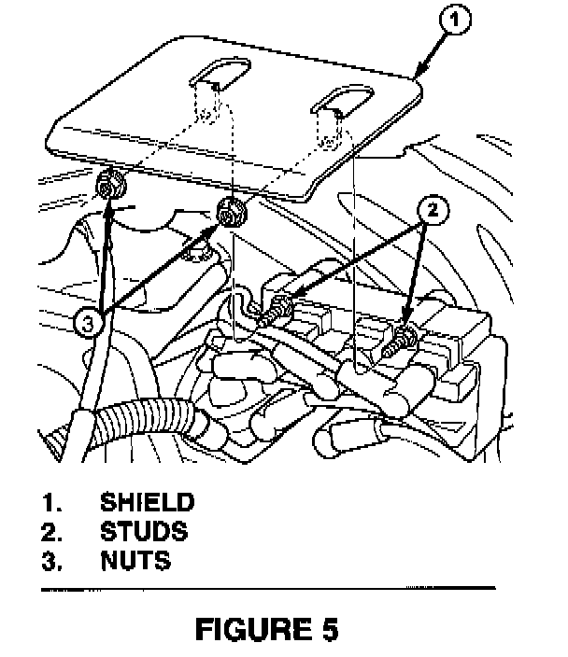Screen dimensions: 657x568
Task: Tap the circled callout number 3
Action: click(x=87, y=324)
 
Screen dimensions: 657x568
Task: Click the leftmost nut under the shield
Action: click(x=110, y=186)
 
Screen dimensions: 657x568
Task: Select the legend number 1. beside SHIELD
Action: click(x=52, y=503)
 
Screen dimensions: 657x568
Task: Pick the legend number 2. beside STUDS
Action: click(x=52, y=533)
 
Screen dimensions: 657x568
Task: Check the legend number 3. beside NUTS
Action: click(x=52, y=563)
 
